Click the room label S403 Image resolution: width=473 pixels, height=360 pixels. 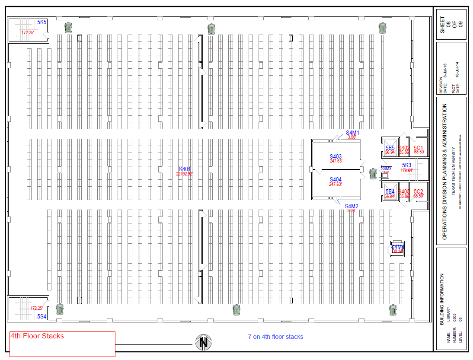336,156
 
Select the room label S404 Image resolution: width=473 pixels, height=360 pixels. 336,179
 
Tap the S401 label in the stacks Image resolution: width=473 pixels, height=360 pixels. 185,169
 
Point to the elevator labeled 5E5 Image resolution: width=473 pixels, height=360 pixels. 390,148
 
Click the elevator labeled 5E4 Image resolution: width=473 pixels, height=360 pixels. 390,192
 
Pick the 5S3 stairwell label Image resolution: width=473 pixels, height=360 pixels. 407,165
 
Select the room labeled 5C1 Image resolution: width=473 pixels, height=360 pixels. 419,148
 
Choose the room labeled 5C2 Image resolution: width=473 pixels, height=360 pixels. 419,192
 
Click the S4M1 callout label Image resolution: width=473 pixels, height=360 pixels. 352,132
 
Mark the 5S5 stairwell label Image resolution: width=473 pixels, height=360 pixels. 42,22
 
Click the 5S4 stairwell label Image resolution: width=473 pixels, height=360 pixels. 42,316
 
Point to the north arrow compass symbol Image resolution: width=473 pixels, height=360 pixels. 203,343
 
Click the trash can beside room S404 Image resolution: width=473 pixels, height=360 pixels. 373,174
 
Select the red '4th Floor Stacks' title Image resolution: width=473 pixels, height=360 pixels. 37,336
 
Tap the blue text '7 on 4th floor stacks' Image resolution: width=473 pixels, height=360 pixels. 275,337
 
